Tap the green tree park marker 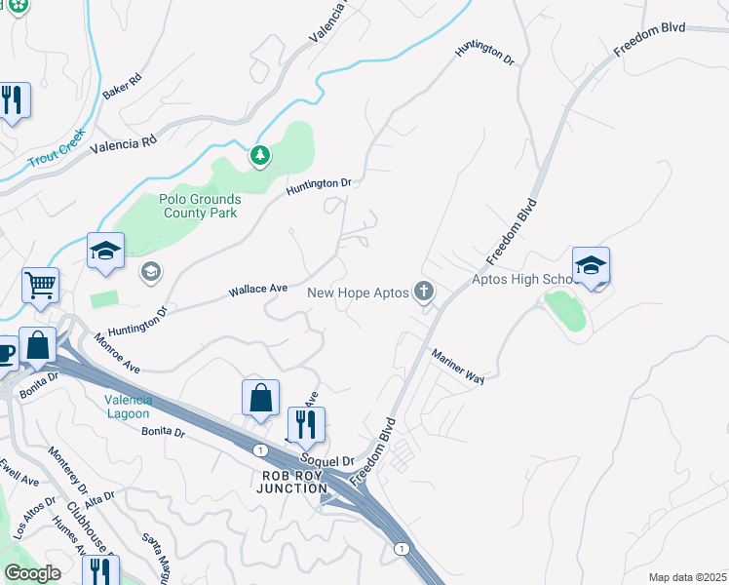[x=259, y=155]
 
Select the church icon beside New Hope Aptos [x=423, y=292]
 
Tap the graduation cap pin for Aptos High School [x=591, y=265]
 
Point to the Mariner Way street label [x=457, y=367]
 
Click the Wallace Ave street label [x=257, y=290]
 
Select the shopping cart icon [x=41, y=286]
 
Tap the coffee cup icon [x=5, y=353]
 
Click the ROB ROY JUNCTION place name [x=291, y=482]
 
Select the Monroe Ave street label [x=117, y=354]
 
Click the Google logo [x=32, y=573]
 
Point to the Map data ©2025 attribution [x=686, y=577]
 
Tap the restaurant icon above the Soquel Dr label [x=306, y=424]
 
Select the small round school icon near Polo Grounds [x=151, y=271]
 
